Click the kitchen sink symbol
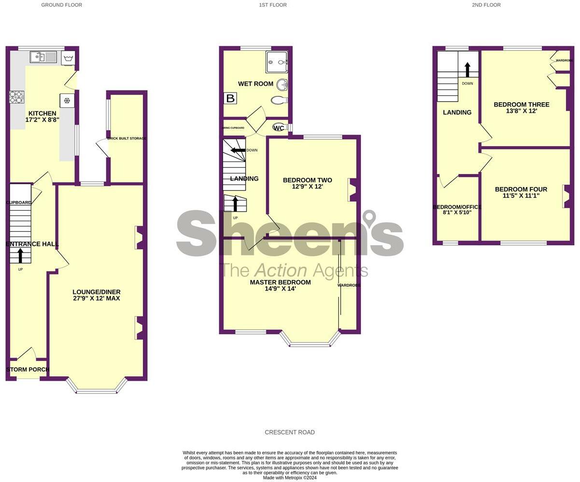pos(44,57)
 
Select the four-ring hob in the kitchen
pos(16,97)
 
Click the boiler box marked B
pos(231,98)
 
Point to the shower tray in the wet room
pos(276,62)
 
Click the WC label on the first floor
pos(279,128)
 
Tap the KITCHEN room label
pos(42,114)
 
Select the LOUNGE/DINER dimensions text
pos(97,298)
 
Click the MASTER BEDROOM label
pos(280,282)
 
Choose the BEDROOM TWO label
pos(307,180)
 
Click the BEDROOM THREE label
pos(522,105)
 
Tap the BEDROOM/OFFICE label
pos(457,207)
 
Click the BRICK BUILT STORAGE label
pos(127,138)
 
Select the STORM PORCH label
pos(28,370)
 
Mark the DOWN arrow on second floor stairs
pos(467,69)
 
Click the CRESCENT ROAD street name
pos(290,432)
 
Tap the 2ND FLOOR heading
pos(486,5)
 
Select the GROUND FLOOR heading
pos(61,5)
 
